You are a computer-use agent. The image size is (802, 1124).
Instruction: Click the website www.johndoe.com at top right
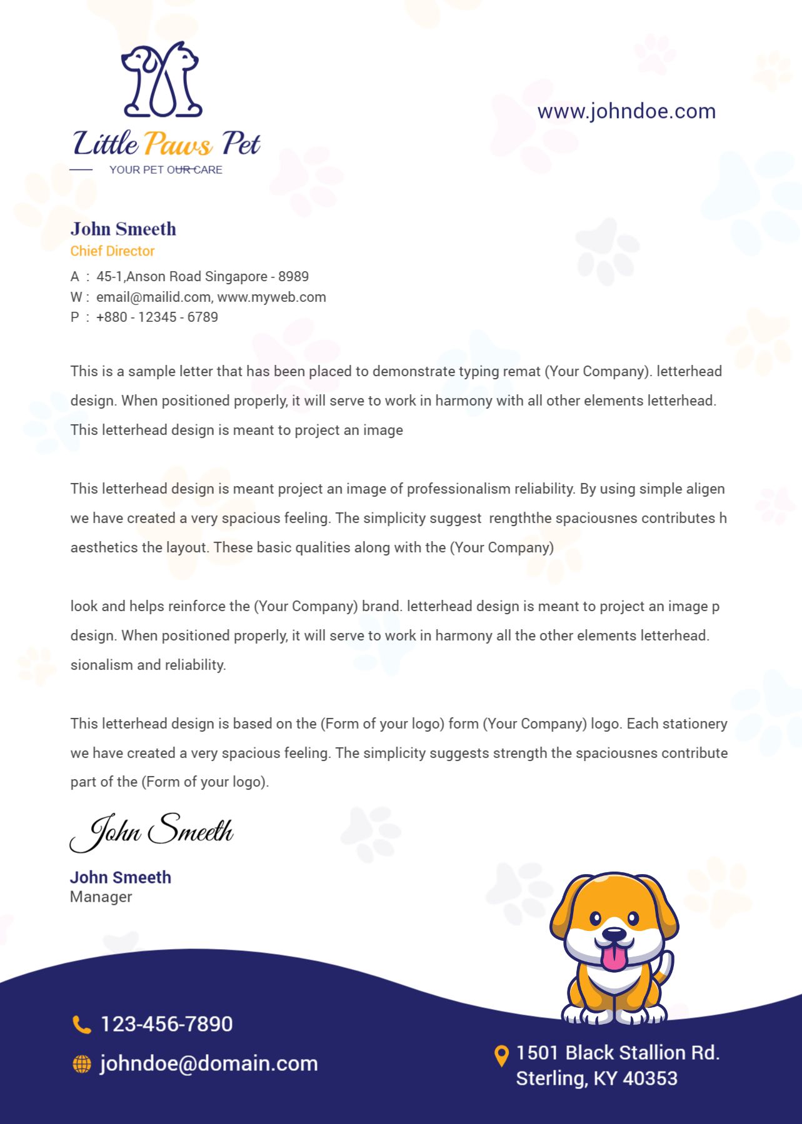[626, 111]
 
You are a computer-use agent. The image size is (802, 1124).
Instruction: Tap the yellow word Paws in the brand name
[178, 144]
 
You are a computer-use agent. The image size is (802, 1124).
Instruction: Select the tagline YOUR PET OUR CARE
[166, 170]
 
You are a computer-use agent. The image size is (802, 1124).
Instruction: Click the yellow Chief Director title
[113, 251]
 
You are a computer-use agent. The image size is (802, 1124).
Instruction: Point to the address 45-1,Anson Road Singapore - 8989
[203, 277]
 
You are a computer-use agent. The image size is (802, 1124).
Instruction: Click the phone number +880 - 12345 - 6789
[157, 317]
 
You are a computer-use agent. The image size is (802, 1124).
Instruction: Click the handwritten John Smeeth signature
[152, 832]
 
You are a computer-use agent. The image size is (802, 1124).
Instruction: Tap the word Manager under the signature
[101, 897]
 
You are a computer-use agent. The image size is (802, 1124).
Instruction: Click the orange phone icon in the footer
[81, 1025]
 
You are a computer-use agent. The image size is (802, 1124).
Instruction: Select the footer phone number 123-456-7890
[166, 1024]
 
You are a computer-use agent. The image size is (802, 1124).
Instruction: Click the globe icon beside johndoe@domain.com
[82, 1064]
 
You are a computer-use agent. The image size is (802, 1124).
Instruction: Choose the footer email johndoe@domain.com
[209, 1063]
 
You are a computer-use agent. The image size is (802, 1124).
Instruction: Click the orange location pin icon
[501, 1055]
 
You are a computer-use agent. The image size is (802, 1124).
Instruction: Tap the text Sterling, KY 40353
[596, 1078]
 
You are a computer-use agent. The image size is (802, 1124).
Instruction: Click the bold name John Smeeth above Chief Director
[123, 229]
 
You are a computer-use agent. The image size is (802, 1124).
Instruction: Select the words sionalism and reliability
[148, 665]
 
